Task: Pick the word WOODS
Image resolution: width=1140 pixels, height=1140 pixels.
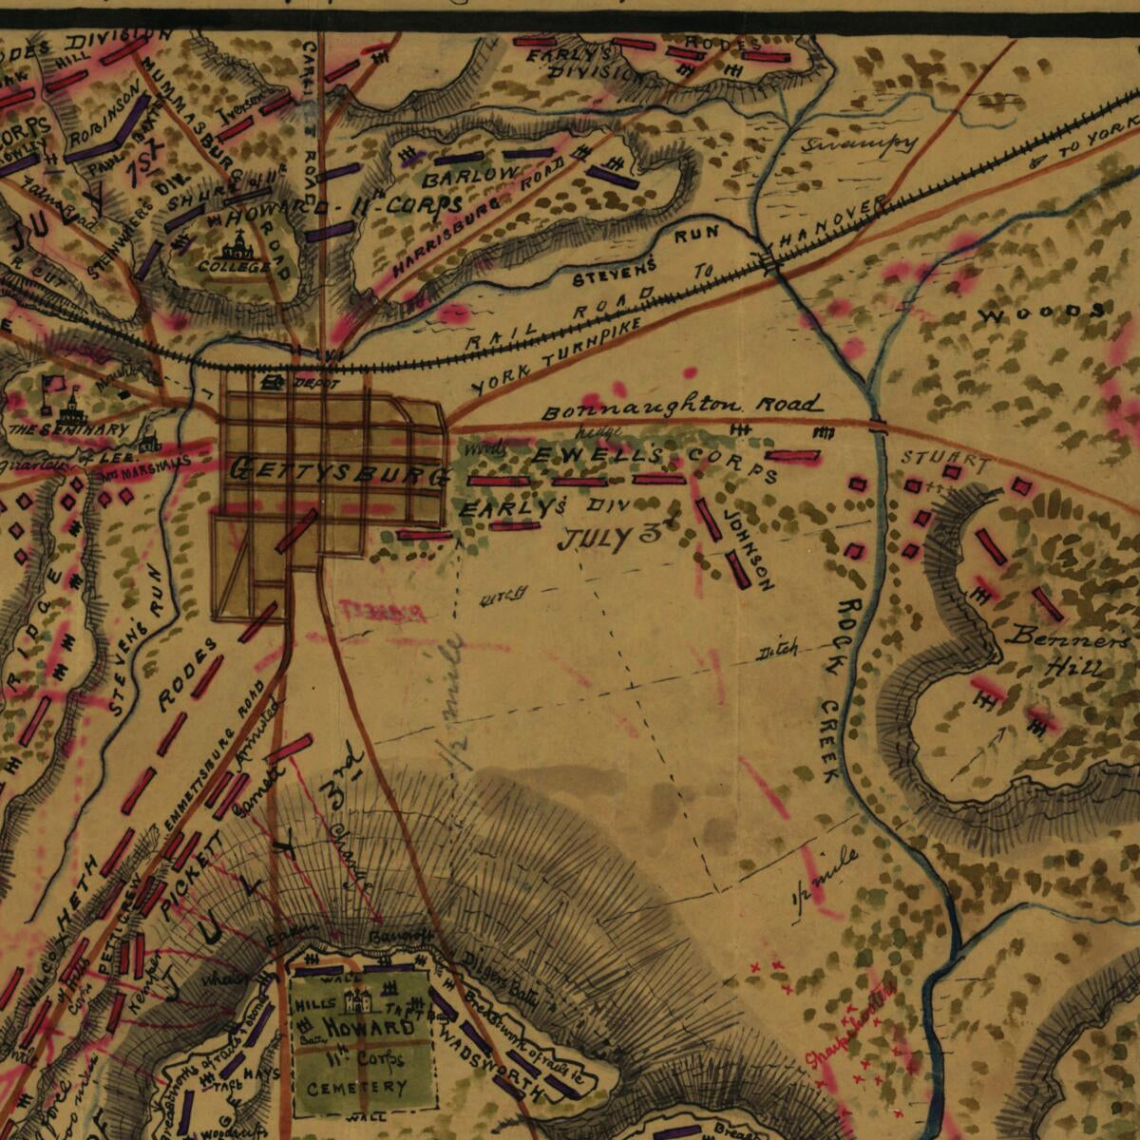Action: tap(1042, 312)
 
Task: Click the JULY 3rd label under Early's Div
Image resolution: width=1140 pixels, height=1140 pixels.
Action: tap(608, 538)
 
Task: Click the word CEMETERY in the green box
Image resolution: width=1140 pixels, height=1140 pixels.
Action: tap(357, 1087)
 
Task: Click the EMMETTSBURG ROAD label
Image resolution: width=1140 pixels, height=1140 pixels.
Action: tap(214, 769)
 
